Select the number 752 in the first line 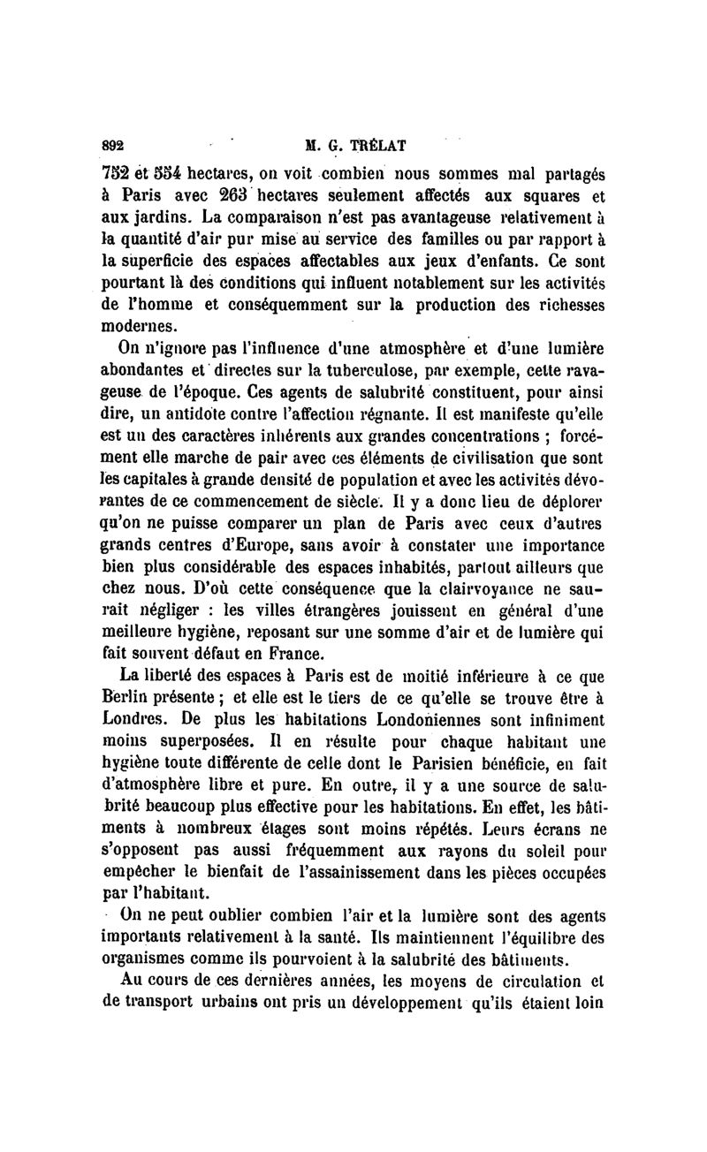113,171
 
